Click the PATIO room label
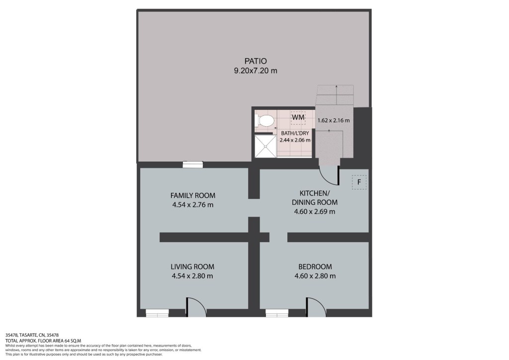(x=255, y=61)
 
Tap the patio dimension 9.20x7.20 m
(x=255, y=71)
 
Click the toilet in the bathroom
(x=265, y=121)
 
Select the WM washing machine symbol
(x=298, y=117)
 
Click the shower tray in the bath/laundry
(x=265, y=146)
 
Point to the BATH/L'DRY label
(x=295, y=133)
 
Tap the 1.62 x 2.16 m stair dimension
(x=334, y=120)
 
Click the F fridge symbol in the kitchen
(x=359, y=182)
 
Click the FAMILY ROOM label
(x=193, y=195)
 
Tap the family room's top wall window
(x=193, y=165)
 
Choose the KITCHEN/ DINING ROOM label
(x=315, y=198)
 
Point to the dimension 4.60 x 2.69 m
(x=315, y=212)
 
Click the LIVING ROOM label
(x=192, y=267)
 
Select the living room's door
(x=196, y=307)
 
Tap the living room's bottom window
(x=157, y=313)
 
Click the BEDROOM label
(x=315, y=267)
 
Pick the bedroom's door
(x=317, y=307)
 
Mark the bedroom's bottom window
(x=277, y=313)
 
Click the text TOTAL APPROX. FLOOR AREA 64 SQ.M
(x=43, y=341)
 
